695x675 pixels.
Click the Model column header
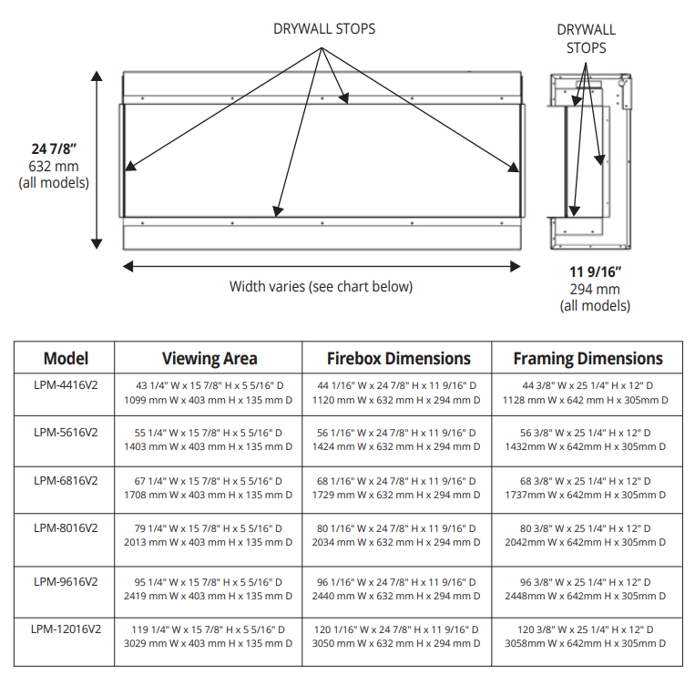(x=66, y=358)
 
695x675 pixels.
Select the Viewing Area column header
(x=210, y=358)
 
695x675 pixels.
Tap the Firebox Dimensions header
(x=399, y=358)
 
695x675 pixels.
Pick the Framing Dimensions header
(x=588, y=358)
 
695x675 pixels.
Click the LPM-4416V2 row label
(x=66, y=385)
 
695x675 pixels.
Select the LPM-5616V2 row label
(x=66, y=432)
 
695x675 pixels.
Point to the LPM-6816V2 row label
(x=66, y=479)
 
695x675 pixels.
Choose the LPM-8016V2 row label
(x=66, y=527)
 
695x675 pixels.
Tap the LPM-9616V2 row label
(x=66, y=581)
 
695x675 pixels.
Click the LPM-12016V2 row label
(x=66, y=629)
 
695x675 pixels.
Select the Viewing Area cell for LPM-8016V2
(x=209, y=535)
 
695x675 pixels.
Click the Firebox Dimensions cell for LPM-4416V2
(x=399, y=393)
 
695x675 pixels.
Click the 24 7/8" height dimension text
(x=53, y=149)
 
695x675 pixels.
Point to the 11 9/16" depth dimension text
(x=595, y=271)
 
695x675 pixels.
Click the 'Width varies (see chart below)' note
(x=321, y=286)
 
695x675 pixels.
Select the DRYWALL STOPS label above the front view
(x=324, y=28)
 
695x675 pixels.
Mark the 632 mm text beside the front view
(x=54, y=166)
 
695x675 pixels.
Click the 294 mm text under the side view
(x=595, y=289)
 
